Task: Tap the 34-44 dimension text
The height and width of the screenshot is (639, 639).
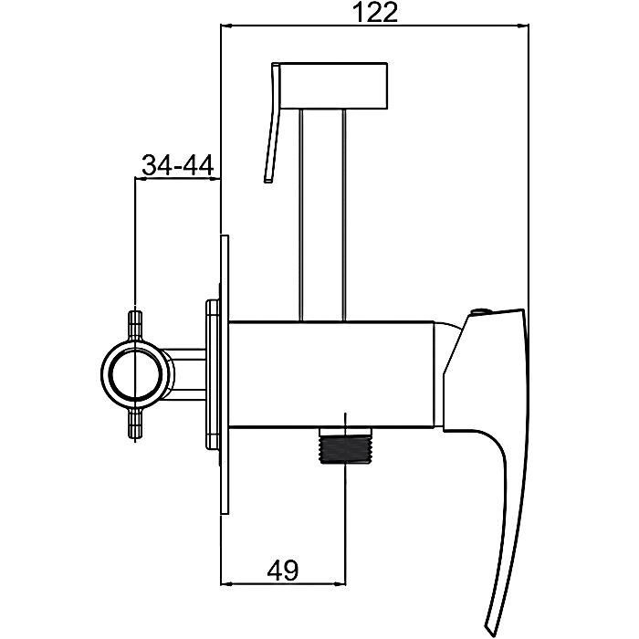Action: pyautogui.click(x=178, y=165)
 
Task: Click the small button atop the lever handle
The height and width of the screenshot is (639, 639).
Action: pyautogui.click(x=480, y=312)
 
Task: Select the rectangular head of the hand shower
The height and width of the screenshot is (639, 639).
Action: pyautogui.click(x=334, y=86)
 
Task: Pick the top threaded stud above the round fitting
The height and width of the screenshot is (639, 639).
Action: pyautogui.click(x=135, y=325)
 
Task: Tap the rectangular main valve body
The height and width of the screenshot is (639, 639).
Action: pyautogui.click(x=331, y=374)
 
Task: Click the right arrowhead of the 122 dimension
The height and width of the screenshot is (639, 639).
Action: pyautogui.click(x=523, y=26)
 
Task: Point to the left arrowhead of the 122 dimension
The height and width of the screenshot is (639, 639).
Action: pyautogui.click(x=226, y=26)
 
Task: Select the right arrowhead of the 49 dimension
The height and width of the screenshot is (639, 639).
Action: pyautogui.click(x=340, y=583)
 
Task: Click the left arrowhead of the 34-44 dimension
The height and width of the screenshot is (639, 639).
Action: pyautogui.click(x=141, y=178)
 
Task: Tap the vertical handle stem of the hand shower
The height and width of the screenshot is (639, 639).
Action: pyautogui.click(x=322, y=215)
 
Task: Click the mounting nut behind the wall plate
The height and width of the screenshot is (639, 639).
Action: pyautogui.click(x=213, y=374)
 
